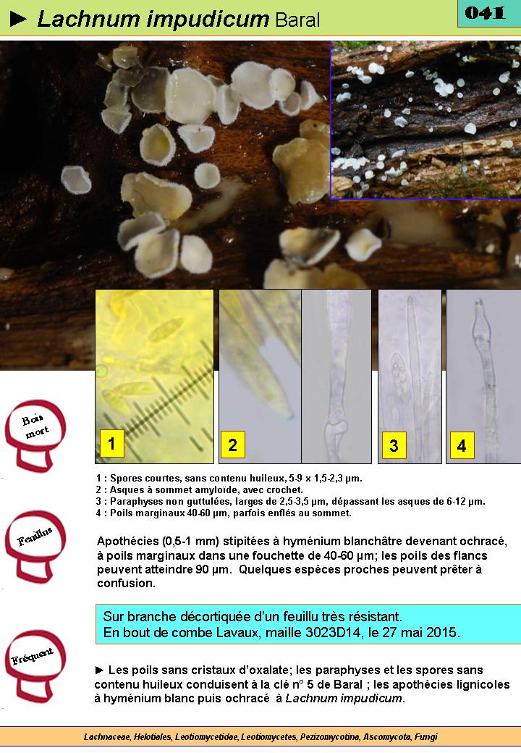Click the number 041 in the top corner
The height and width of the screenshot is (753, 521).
[x=485, y=13]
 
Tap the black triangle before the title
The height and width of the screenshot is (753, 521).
[x=18, y=20]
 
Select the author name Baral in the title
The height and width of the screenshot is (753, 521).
[x=297, y=20]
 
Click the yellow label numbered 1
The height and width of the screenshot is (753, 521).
[x=111, y=443]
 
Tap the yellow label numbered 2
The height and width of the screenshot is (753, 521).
[x=233, y=445]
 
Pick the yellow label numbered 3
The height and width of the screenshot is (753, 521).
[x=394, y=445]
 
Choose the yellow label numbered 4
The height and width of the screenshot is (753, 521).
[x=462, y=445]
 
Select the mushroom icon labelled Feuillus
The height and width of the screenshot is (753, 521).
[x=35, y=546]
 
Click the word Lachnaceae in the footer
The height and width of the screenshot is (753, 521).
[x=107, y=737]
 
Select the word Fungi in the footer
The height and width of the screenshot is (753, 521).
[x=426, y=737]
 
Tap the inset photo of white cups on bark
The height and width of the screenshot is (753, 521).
[x=426, y=119]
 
